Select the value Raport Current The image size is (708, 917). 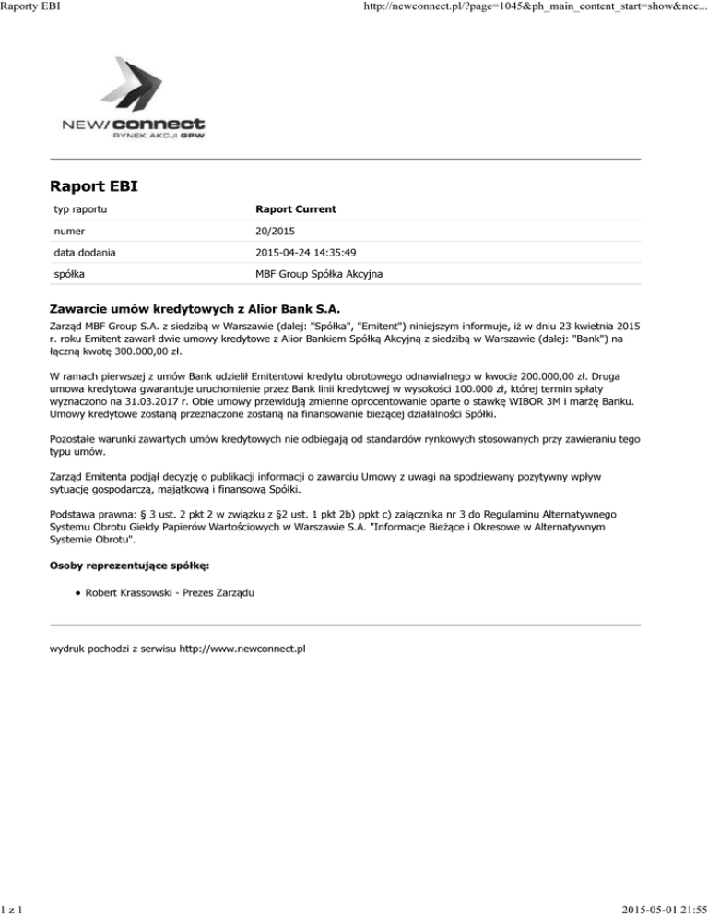296,209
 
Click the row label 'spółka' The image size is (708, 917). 67,275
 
